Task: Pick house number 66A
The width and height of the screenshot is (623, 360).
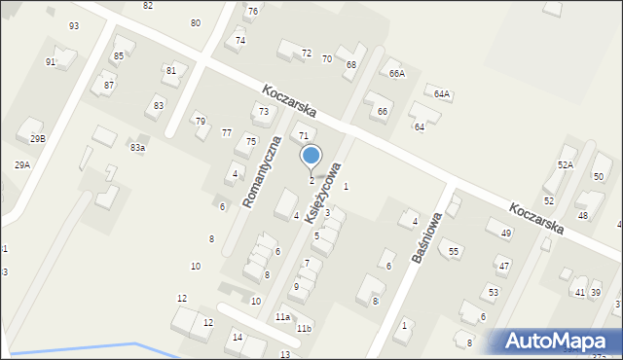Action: (x=396, y=74)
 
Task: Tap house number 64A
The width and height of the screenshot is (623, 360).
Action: (x=442, y=94)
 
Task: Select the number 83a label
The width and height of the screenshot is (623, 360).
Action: (x=137, y=147)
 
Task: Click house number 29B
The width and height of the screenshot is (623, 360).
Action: (x=37, y=139)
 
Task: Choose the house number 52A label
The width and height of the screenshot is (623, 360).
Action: (x=565, y=165)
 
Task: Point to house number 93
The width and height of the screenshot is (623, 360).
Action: (x=74, y=25)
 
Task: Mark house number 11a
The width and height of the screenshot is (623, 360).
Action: (x=282, y=317)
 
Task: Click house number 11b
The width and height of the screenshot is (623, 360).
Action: (x=304, y=329)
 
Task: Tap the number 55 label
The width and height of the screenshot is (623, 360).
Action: (x=454, y=252)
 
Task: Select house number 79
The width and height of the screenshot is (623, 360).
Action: (x=200, y=122)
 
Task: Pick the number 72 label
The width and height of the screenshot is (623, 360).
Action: (x=306, y=53)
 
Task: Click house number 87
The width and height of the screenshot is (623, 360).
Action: (x=109, y=86)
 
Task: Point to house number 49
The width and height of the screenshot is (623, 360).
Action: (x=505, y=234)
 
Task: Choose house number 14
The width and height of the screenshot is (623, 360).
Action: (x=237, y=338)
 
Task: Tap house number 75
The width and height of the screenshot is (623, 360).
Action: (x=250, y=142)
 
